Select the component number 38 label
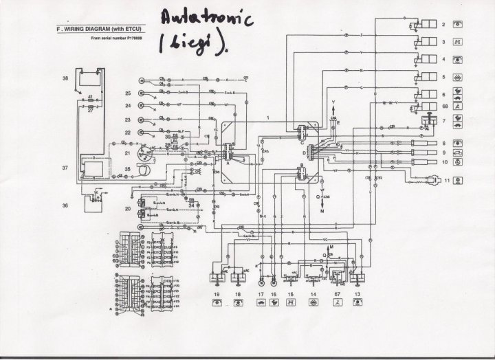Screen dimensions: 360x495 point(65,79)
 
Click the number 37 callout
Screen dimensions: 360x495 point(65,167)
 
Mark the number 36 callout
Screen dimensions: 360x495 point(65,205)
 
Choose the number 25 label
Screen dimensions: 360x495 point(128,93)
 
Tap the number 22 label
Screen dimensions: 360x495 point(128,131)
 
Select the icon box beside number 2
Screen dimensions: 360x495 point(459,24)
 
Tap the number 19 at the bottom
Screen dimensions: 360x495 point(216,293)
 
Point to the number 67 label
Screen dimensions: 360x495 point(338,293)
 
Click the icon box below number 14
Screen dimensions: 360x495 point(313,302)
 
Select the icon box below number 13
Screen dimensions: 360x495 point(357,302)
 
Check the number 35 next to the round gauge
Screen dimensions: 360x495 point(128,168)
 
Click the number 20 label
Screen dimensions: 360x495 point(128,207)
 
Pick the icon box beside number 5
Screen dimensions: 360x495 point(459,77)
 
